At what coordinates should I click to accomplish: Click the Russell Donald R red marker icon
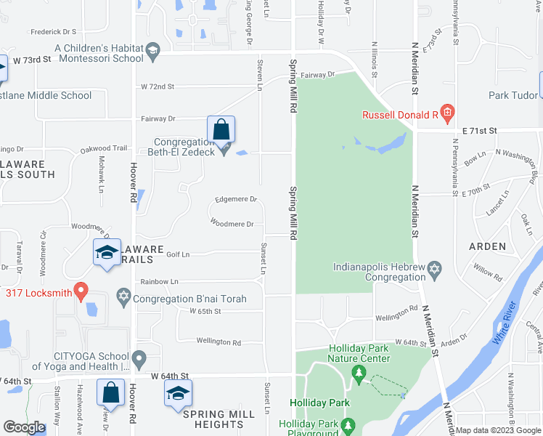447,113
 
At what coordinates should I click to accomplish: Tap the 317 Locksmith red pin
81,292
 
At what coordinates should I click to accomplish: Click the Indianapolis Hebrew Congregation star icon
435,270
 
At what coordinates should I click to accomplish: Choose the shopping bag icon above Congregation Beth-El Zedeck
221,130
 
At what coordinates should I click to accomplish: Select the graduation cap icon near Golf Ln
107,253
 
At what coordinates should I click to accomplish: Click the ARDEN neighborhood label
487,246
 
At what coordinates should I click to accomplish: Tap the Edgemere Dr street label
237,199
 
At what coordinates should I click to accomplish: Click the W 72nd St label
158,86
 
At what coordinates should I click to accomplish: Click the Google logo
24,427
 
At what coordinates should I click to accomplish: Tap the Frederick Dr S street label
54,32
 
